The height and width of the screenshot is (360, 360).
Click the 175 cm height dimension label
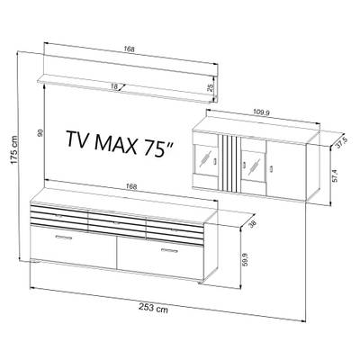(14, 150)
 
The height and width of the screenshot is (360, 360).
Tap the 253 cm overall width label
(153, 308)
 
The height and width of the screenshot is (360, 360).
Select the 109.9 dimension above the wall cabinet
(262, 112)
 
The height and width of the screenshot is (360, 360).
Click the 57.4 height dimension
(335, 175)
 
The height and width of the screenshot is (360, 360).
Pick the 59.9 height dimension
(246, 259)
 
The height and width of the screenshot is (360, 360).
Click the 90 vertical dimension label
(40, 132)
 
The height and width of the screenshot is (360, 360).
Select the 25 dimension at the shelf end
(211, 87)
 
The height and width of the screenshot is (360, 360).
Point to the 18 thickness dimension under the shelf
(114, 86)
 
